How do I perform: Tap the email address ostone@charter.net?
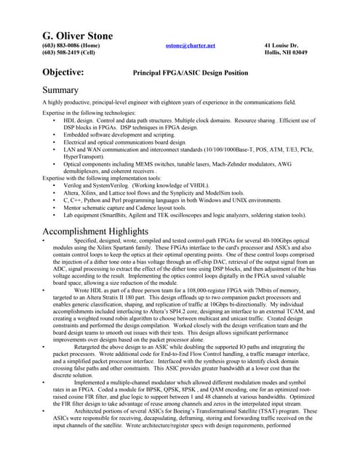coord(191,45)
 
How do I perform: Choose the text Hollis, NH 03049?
coord(285,52)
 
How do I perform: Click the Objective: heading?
coord(63,72)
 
